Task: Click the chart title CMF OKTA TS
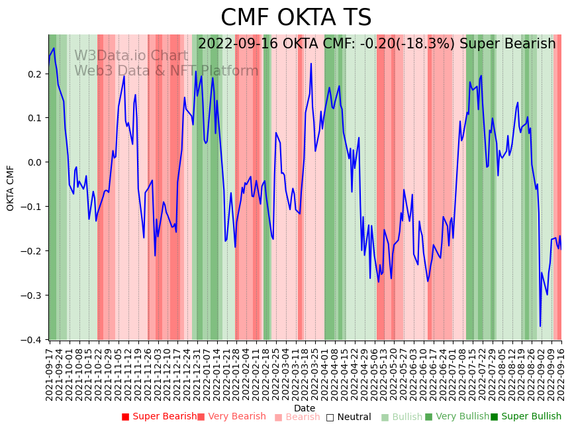click(x=296, y=18)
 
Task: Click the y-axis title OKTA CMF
click(x=11, y=188)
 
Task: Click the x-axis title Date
click(x=305, y=408)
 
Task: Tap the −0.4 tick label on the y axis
click(x=33, y=340)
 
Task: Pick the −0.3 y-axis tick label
click(x=33, y=295)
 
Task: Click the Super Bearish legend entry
click(x=159, y=417)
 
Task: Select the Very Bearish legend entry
click(x=231, y=417)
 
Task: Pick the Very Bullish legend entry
click(x=457, y=417)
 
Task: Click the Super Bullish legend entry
click(x=526, y=417)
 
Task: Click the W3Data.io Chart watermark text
click(x=131, y=56)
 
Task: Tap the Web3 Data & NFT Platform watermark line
click(x=166, y=71)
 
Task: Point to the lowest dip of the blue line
click(x=540, y=326)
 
